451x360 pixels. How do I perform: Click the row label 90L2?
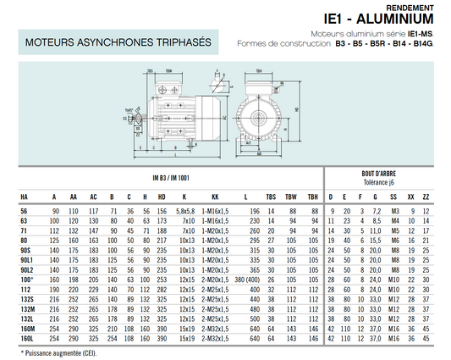[26, 269]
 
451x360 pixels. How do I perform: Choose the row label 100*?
[26, 279]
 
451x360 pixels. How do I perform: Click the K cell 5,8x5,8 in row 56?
[185, 210]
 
